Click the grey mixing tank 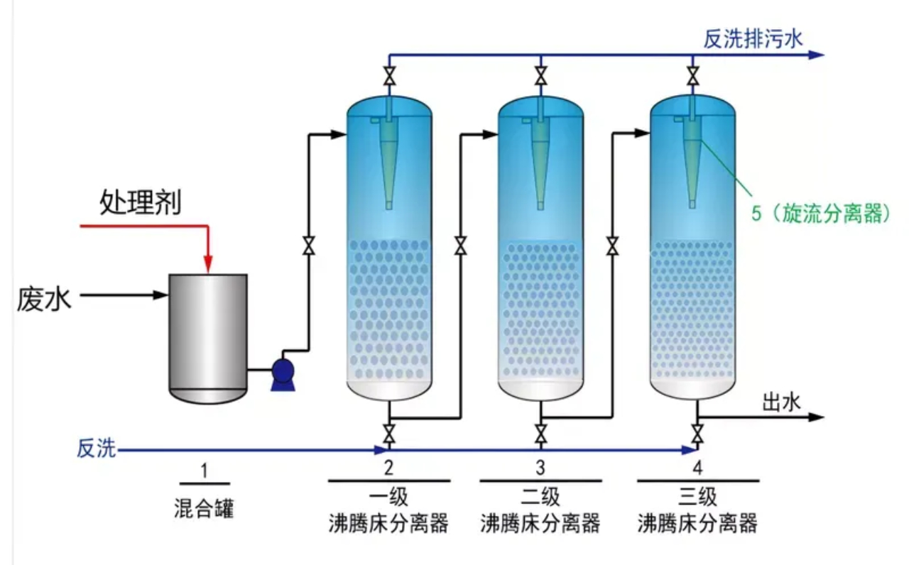pos(207,337)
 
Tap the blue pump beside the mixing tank pos(283,373)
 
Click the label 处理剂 pos(139,204)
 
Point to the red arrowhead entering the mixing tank pos(207,264)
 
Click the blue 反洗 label pos(96,449)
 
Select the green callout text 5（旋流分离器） pos(821,213)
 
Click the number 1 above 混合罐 pos(204,470)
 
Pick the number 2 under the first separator pos(388,468)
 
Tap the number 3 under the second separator pos(540,468)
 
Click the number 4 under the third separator pos(697,468)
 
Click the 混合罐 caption pos(204,508)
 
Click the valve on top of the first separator pos(388,76)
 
